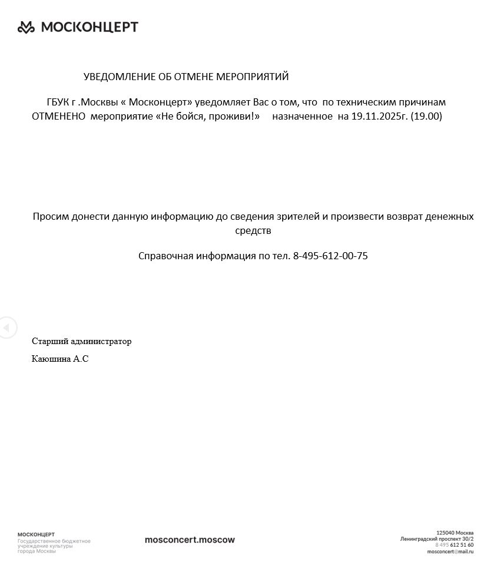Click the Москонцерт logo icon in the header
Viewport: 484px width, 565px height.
pyautogui.click(x=26, y=27)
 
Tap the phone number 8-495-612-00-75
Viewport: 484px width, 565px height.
pyautogui.click(x=330, y=256)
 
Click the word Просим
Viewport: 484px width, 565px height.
pyautogui.click(x=51, y=216)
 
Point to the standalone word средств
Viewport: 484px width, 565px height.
pyautogui.click(x=253, y=230)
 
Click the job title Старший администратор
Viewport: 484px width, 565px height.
pyautogui.click(x=82, y=341)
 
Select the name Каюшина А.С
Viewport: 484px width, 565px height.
pyautogui.click(x=60, y=358)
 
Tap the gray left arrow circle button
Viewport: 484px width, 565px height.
pyautogui.click(x=7, y=327)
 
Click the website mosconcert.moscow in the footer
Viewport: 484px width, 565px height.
pyautogui.click(x=190, y=540)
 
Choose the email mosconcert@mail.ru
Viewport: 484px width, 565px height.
pyautogui.click(x=450, y=551)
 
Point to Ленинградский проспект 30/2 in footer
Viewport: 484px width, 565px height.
pyautogui.click(x=437, y=539)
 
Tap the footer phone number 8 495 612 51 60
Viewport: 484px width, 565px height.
pyautogui.click(x=454, y=545)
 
